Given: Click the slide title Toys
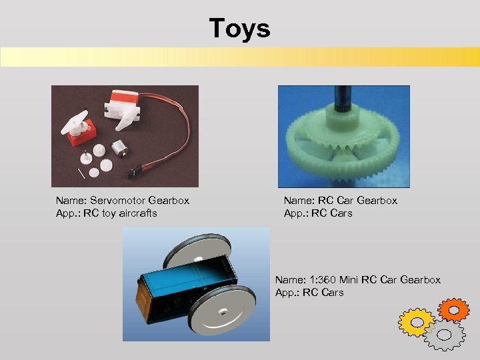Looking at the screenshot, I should [239, 29].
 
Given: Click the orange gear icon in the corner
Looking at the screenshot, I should [455, 309].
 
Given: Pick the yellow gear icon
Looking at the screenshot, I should [416, 322].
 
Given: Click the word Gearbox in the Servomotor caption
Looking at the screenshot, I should [169, 200].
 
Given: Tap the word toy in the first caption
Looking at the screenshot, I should [109, 213].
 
